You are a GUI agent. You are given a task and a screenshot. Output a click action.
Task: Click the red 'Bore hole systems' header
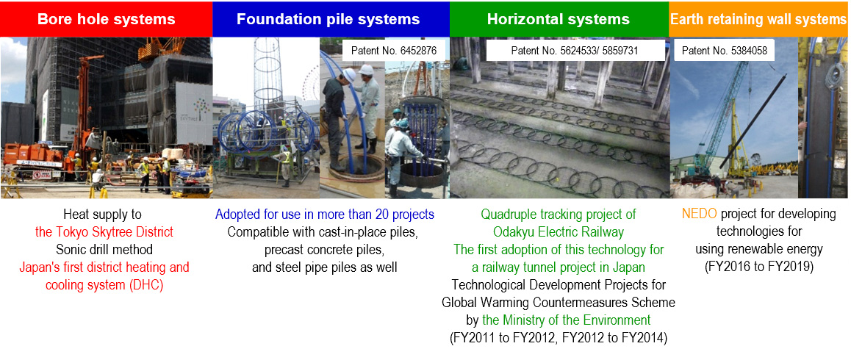click(106, 19)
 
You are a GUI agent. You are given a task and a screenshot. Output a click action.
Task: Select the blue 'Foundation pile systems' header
click(328, 19)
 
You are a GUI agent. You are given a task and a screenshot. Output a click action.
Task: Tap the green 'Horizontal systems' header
click(559, 19)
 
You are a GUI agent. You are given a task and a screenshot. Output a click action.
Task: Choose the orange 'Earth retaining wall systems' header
click(758, 19)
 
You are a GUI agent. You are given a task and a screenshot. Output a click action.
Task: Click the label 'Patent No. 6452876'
click(394, 51)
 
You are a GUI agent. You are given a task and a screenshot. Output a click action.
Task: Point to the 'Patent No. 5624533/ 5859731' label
click(574, 51)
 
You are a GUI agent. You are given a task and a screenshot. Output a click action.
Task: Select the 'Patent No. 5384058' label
click(724, 51)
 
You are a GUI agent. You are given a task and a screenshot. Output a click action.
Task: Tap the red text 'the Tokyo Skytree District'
click(104, 232)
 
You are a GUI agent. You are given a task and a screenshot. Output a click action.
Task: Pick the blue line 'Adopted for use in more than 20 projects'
click(325, 214)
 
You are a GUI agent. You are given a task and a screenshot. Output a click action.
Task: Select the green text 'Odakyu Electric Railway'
click(559, 232)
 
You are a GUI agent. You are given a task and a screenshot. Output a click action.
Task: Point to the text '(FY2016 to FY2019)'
click(758, 267)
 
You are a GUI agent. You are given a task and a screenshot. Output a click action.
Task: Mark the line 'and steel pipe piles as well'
click(325, 267)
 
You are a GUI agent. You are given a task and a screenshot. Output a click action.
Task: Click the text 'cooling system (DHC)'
click(104, 285)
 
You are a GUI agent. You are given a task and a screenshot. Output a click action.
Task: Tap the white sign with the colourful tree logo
click(194, 112)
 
